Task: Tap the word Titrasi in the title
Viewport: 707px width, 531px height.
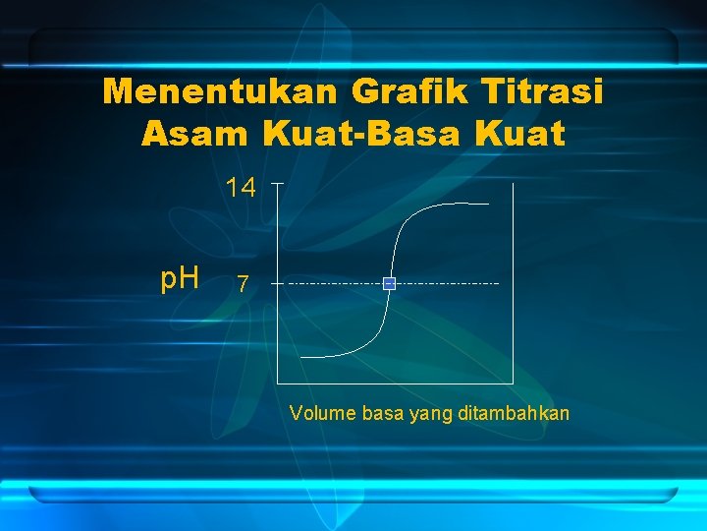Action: point(544,91)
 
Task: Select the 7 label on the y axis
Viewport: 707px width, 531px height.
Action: point(243,285)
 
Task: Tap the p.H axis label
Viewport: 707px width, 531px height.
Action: point(181,279)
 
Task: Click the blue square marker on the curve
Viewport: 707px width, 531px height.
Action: point(389,283)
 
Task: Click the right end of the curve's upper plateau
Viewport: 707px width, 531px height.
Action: point(488,204)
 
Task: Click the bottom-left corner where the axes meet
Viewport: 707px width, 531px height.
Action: point(280,382)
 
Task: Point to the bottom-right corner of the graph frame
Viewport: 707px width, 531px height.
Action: point(513,382)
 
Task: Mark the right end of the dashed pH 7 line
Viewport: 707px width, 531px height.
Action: point(499,283)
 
